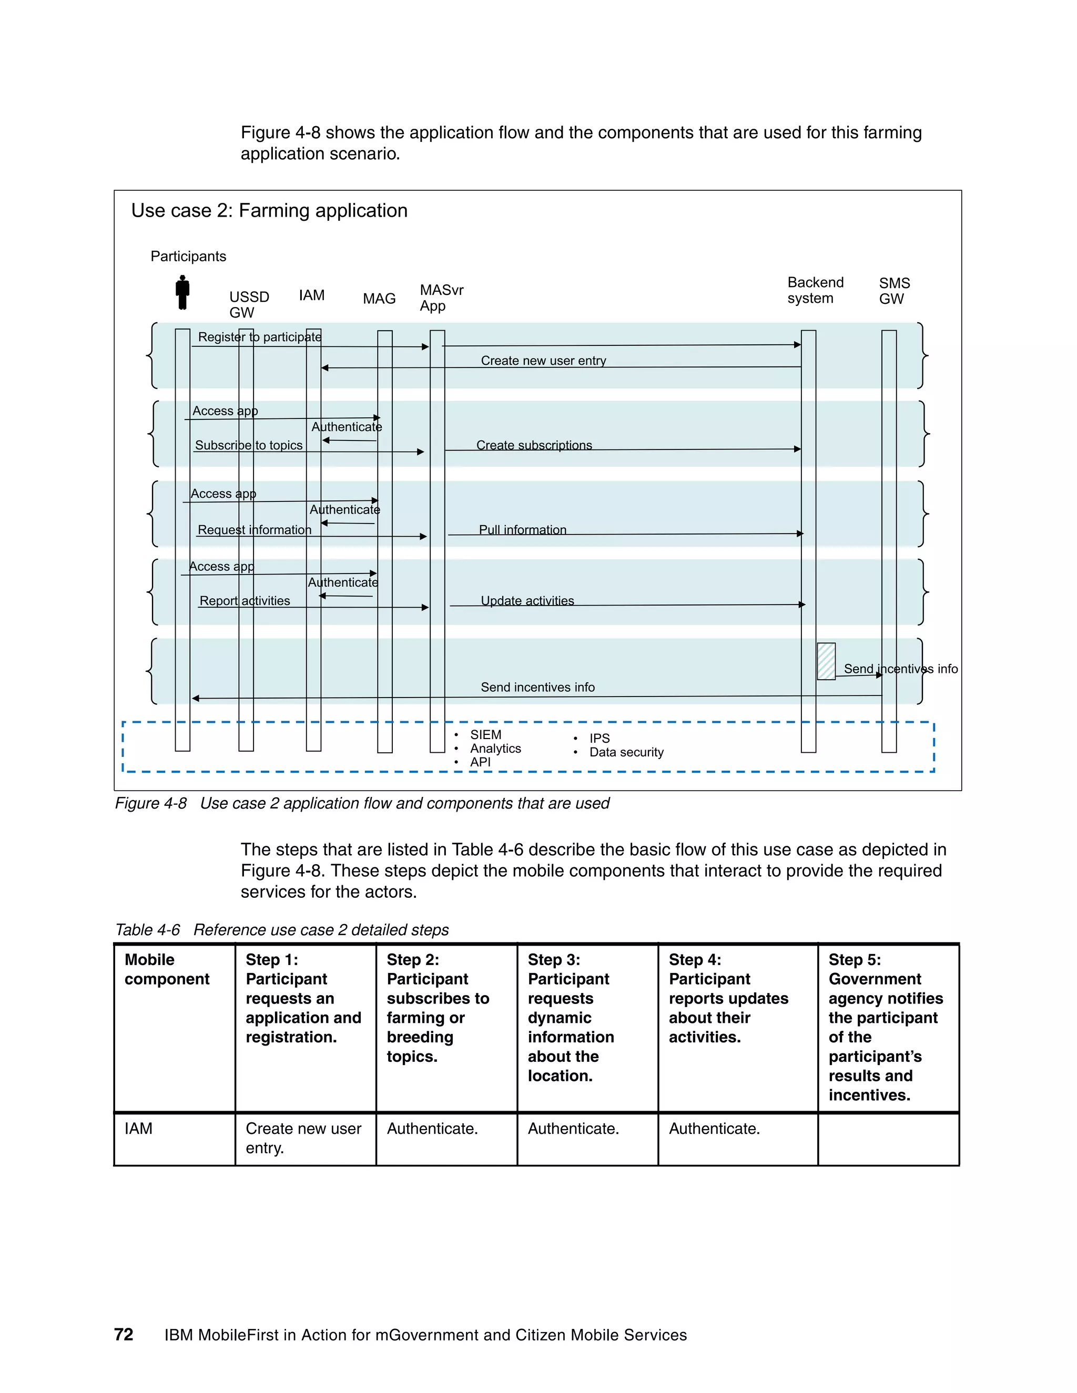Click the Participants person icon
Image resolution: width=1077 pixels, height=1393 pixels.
(182, 292)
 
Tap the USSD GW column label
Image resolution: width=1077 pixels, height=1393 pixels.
(249, 305)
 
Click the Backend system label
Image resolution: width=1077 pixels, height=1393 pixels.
(815, 290)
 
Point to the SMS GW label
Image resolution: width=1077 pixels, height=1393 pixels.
(894, 291)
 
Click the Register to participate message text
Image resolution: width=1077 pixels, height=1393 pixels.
(260, 337)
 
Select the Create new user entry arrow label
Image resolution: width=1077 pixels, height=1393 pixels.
(543, 361)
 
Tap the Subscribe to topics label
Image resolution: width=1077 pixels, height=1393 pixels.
(248, 445)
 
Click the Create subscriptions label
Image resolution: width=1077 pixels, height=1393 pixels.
(534, 445)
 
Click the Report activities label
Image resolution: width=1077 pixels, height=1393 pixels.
(245, 601)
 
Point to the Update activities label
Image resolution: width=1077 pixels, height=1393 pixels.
(527, 601)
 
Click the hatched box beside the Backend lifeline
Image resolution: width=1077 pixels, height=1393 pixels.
(826, 661)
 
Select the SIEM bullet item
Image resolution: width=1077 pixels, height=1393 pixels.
(485, 735)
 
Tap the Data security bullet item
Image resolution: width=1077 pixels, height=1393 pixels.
(626, 753)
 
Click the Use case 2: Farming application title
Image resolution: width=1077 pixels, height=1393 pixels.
(269, 210)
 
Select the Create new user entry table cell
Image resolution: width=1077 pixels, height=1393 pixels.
(304, 1138)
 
